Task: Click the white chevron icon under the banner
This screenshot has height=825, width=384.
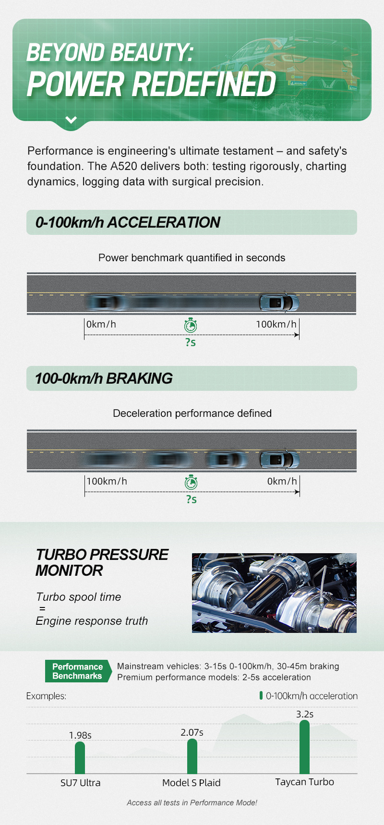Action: click(x=71, y=120)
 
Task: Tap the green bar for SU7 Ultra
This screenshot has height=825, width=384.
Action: click(x=80, y=758)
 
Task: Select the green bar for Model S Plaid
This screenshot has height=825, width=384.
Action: click(x=192, y=756)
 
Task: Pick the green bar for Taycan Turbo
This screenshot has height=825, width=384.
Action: click(x=304, y=747)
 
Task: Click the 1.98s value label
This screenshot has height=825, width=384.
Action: click(x=80, y=735)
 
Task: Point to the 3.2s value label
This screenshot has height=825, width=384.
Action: click(x=305, y=714)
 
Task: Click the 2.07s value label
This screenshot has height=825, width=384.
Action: click(x=192, y=732)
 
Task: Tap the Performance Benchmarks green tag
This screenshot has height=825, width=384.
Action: click(x=78, y=671)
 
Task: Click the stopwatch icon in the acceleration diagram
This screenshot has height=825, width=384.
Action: click(x=191, y=325)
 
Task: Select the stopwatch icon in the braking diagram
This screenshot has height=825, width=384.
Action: click(x=191, y=482)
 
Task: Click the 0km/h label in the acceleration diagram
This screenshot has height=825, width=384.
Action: click(x=101, y=324)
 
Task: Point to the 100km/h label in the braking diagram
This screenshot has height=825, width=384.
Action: click(x=107, y=481)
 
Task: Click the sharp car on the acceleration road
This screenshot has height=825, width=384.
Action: click(x=279, y=302)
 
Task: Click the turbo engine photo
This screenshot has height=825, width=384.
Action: click(x=274, y=593)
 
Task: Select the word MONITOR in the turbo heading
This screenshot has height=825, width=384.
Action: click(x=69, y=570)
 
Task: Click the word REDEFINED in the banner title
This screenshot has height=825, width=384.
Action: click(x=204, y=85)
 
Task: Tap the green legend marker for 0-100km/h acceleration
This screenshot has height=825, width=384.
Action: click(x=261, y=695)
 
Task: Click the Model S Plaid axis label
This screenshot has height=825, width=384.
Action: click(x=192, y=783)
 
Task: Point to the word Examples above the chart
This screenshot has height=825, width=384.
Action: click(x=46, y=696)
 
